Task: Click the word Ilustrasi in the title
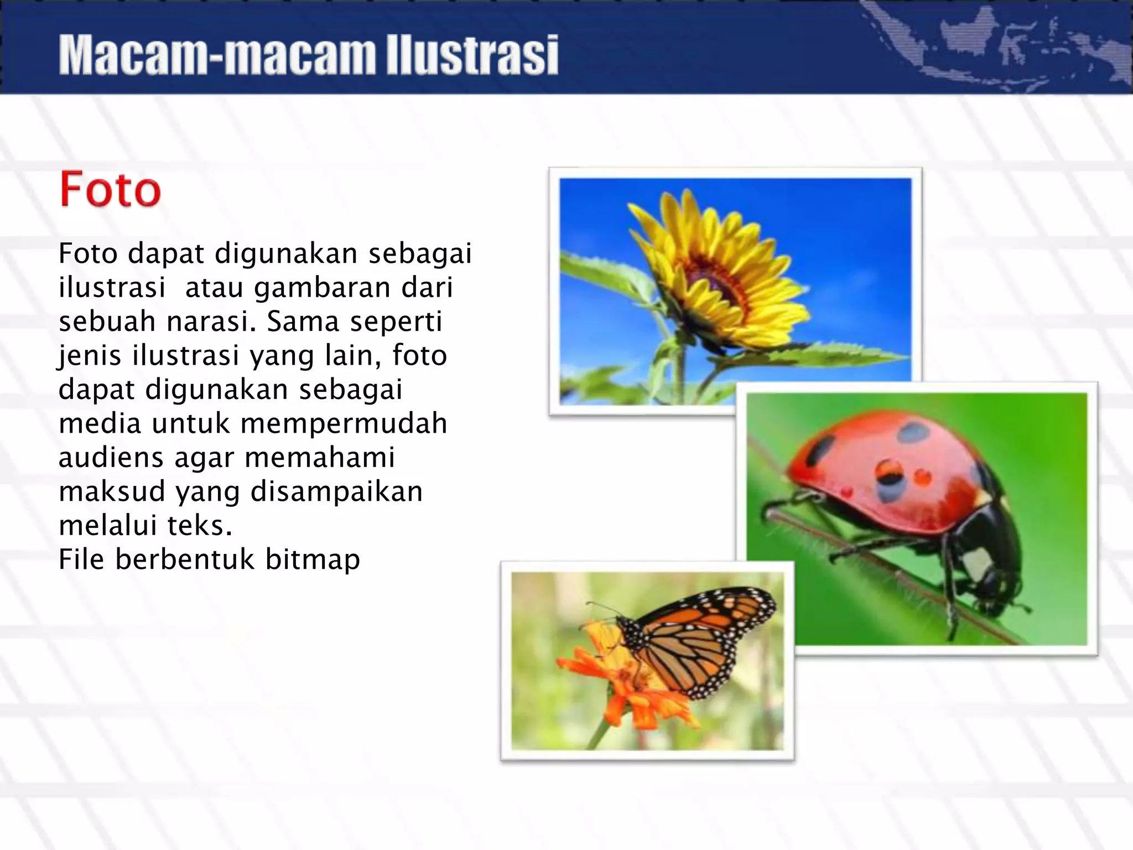point(472,55)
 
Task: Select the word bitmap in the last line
point(313,560)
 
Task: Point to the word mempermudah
point(344,424)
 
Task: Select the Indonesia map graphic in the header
point(996,44)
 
